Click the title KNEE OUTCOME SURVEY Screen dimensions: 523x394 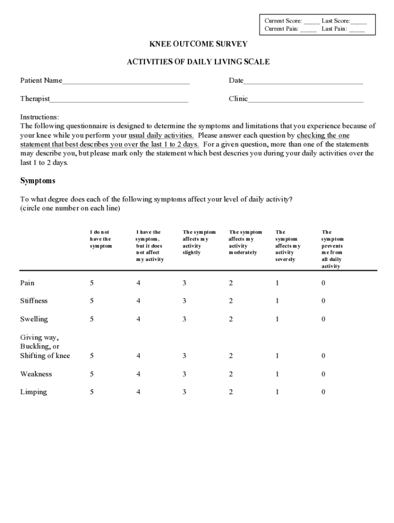198,44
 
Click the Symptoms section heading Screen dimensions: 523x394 38,181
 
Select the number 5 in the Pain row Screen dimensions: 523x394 92,283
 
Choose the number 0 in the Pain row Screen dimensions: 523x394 323,283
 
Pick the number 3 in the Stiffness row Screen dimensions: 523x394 184,301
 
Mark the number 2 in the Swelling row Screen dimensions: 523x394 231,319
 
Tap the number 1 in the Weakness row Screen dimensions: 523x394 277,374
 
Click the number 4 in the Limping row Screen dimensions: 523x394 138,392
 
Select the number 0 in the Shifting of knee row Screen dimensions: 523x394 323,355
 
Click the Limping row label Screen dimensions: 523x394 34,392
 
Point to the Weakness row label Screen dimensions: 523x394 36,374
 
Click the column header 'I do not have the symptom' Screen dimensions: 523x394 100,239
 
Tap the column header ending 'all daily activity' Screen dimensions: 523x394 332,249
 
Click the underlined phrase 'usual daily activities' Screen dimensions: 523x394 161,136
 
